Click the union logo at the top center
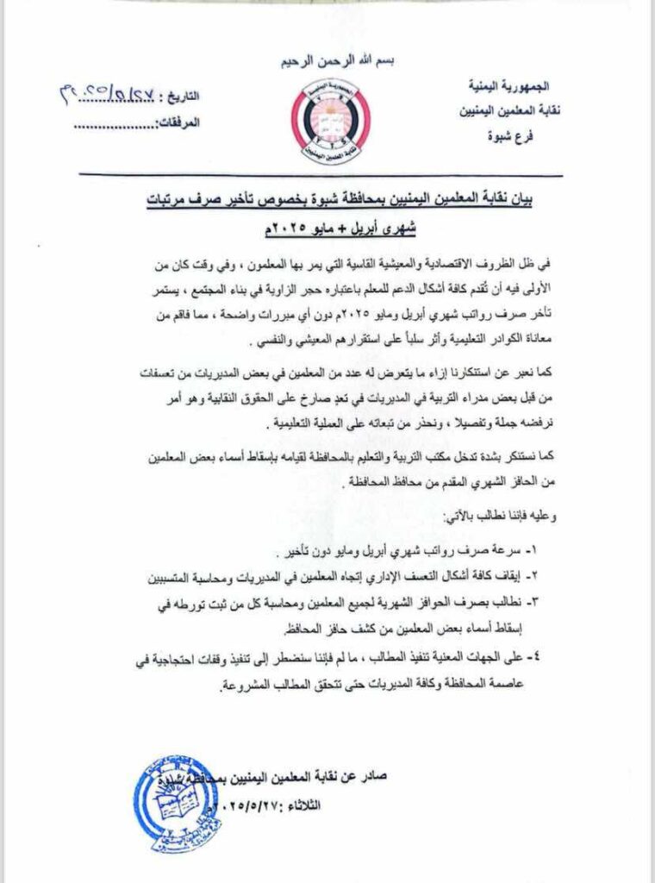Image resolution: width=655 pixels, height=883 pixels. pos(328,123)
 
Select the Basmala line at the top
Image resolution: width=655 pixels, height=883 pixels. pos(328,63)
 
